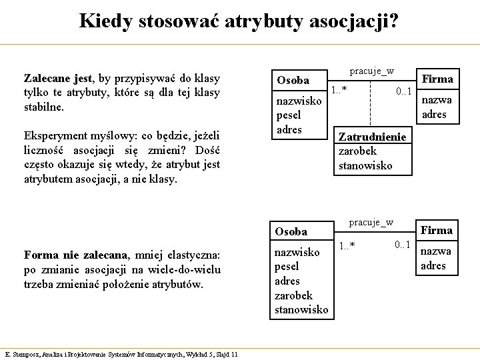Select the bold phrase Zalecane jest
(58, 78)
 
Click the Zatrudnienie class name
(372, 137)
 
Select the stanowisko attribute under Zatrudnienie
(365, 165)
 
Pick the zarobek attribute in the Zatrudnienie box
(357, 151)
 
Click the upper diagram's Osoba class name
(293, 80)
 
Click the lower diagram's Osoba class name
(291, 231)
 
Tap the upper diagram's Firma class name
(437, 79)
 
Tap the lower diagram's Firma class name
(437, 230)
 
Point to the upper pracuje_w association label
(371, 71)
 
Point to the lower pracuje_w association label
(371, 222)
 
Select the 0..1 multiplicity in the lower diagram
(402, 245)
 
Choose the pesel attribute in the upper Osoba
(289, 115)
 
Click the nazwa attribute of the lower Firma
(435, 251)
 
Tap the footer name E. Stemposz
(22, 354)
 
